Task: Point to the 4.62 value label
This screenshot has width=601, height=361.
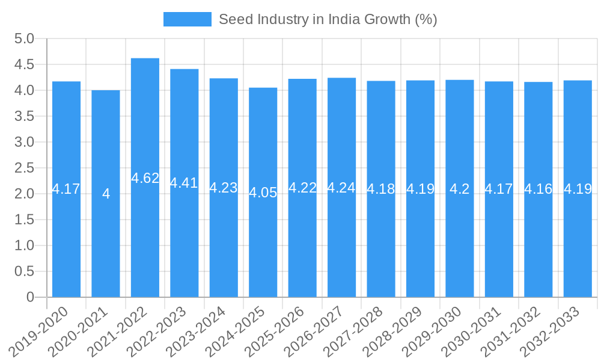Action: pyautogui.click(x=145, y=178)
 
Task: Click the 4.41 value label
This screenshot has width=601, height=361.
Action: pyautogui.click(x=184, y=183)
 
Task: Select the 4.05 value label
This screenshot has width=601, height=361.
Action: pyautogui.click(x=263, y=193)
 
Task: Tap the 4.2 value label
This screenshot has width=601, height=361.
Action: pyautogui.click(x=460, y=189)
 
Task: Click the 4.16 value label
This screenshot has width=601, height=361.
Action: pyautogui.click(x=538, y=189)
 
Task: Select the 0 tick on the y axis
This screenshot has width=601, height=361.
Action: pyautogui.click(x=30, y=297)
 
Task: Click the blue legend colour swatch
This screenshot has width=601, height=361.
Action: pyautogui.click(x=188, y=19)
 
